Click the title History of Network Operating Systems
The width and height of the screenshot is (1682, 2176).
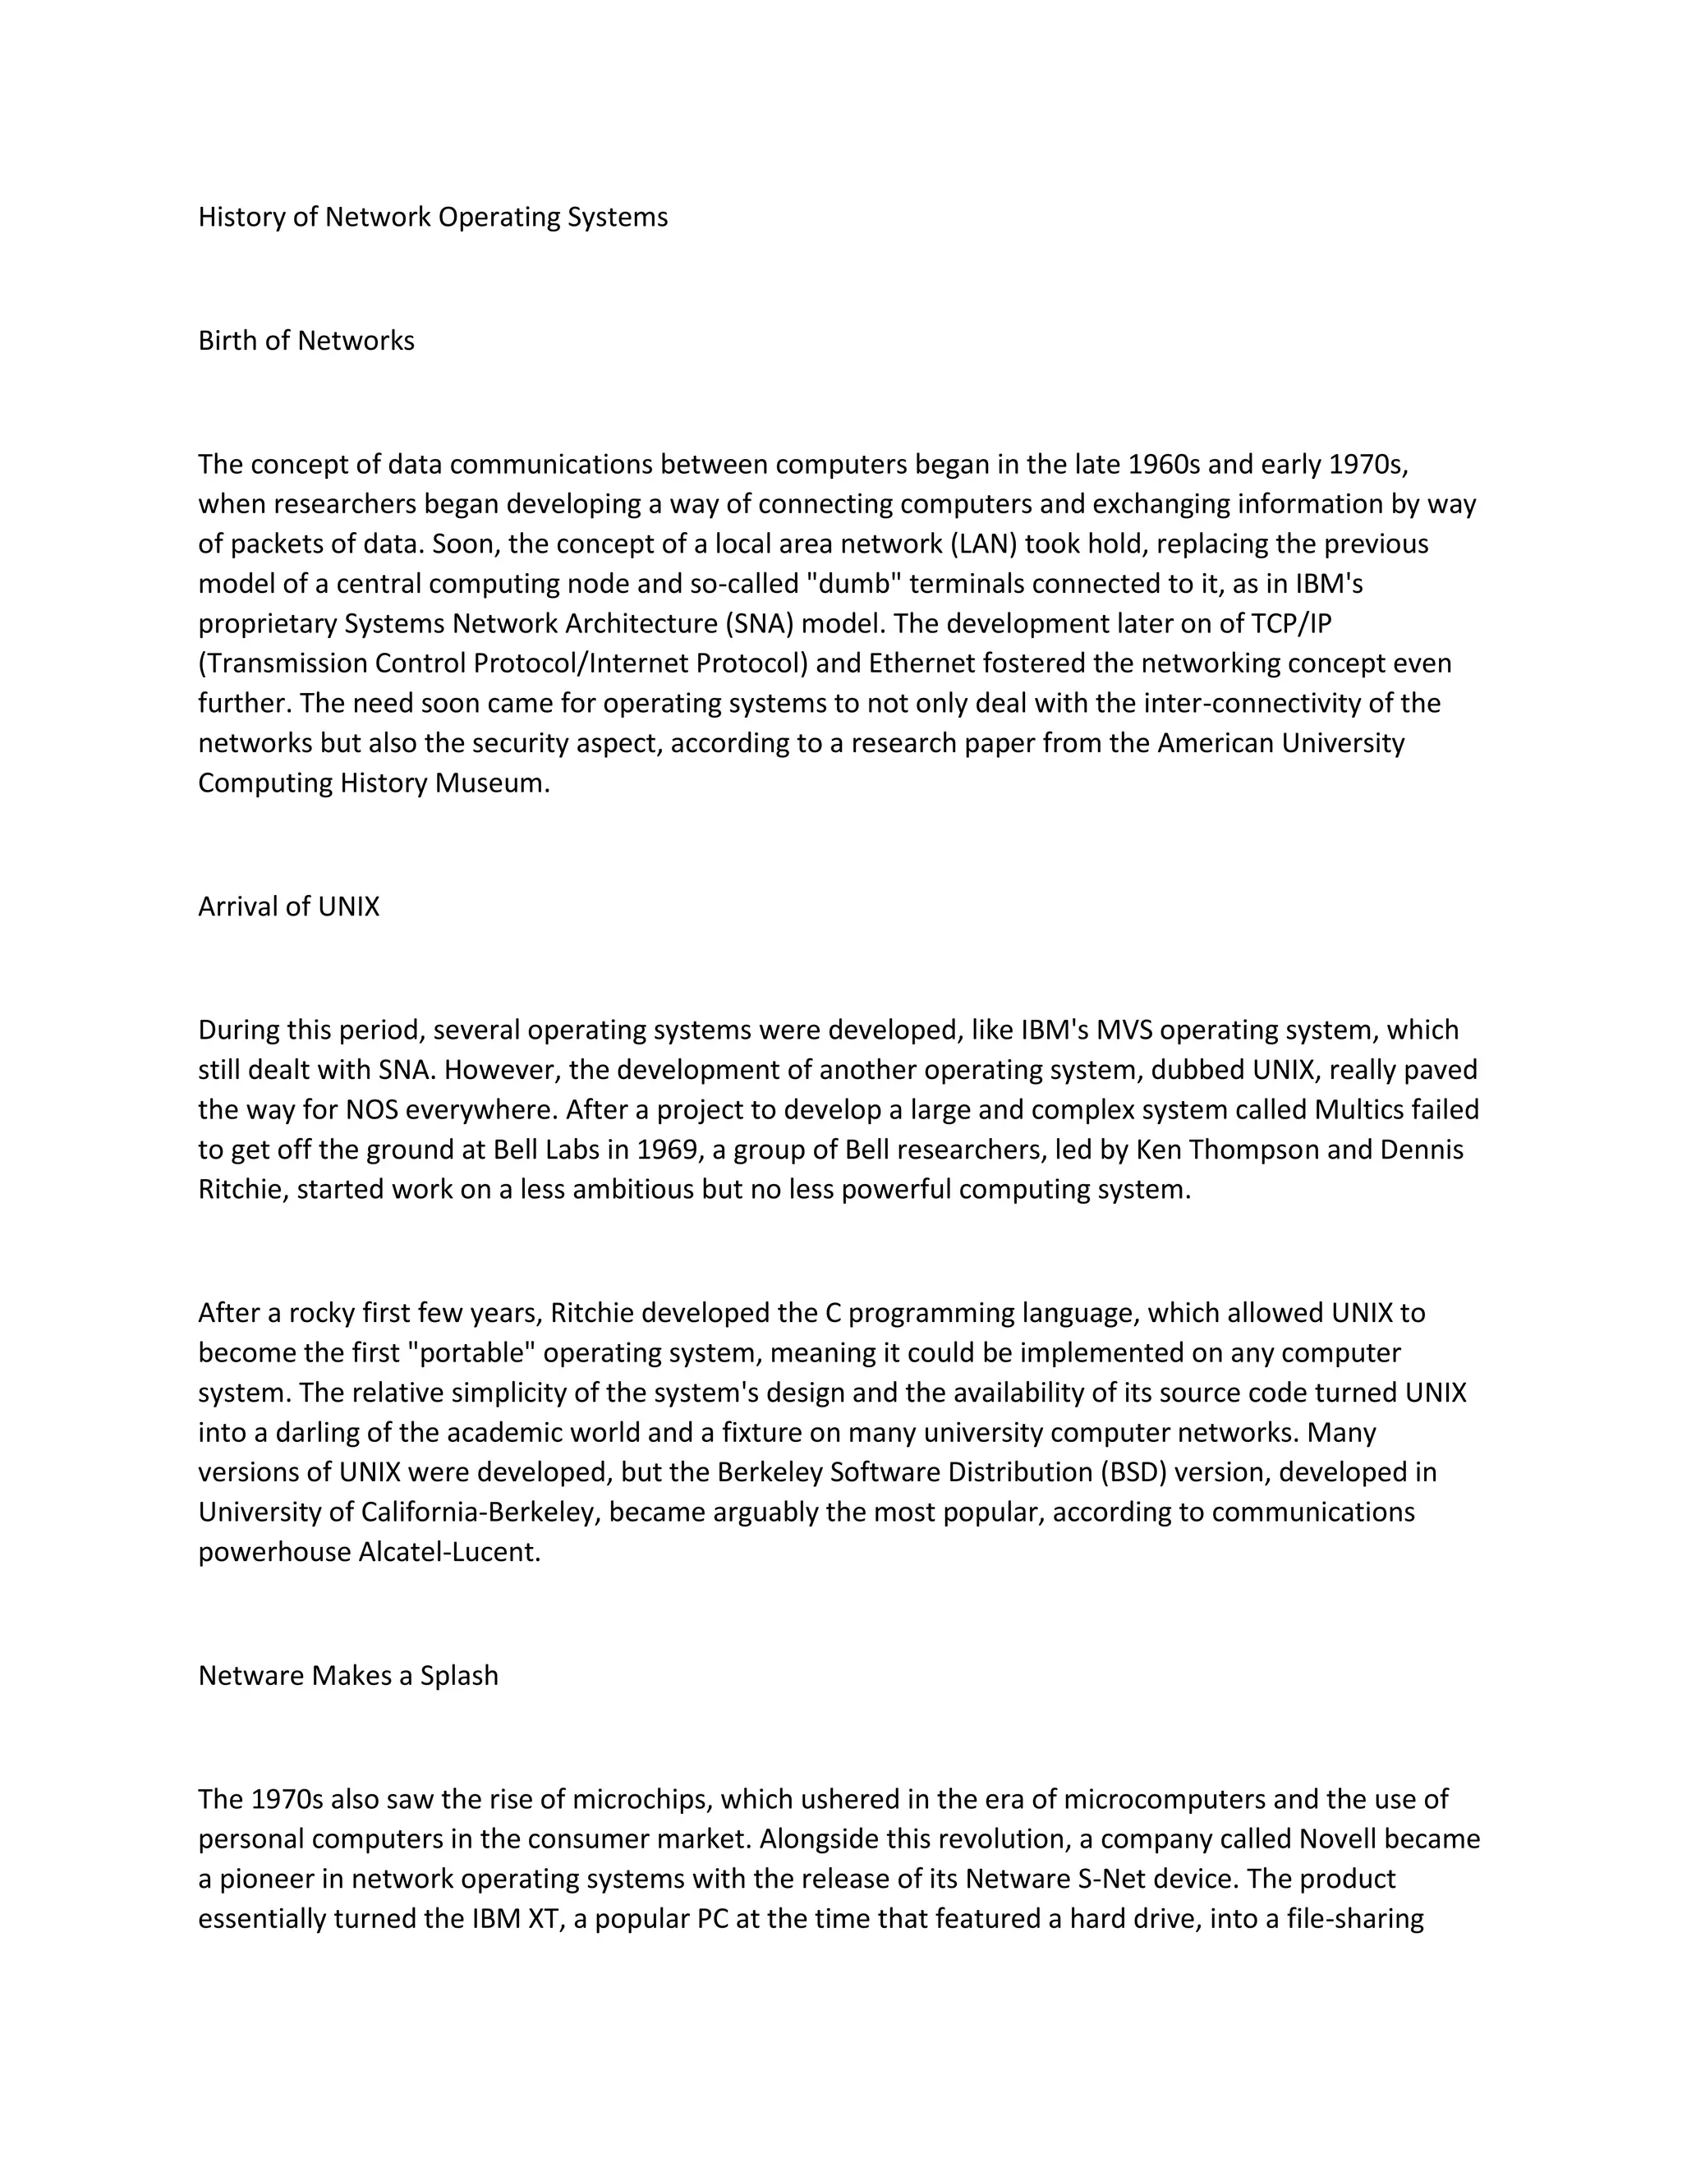[x=433, y=218]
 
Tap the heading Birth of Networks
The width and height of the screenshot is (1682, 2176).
[x=306, y=341]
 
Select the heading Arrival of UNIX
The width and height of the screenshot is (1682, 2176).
[x=289, y=907]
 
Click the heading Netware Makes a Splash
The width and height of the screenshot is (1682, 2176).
[x=347, y=1676]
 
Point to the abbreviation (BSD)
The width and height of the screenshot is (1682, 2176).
[x=1135, y=1472]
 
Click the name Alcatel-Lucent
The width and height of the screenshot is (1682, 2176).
[x=448, y=1552]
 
